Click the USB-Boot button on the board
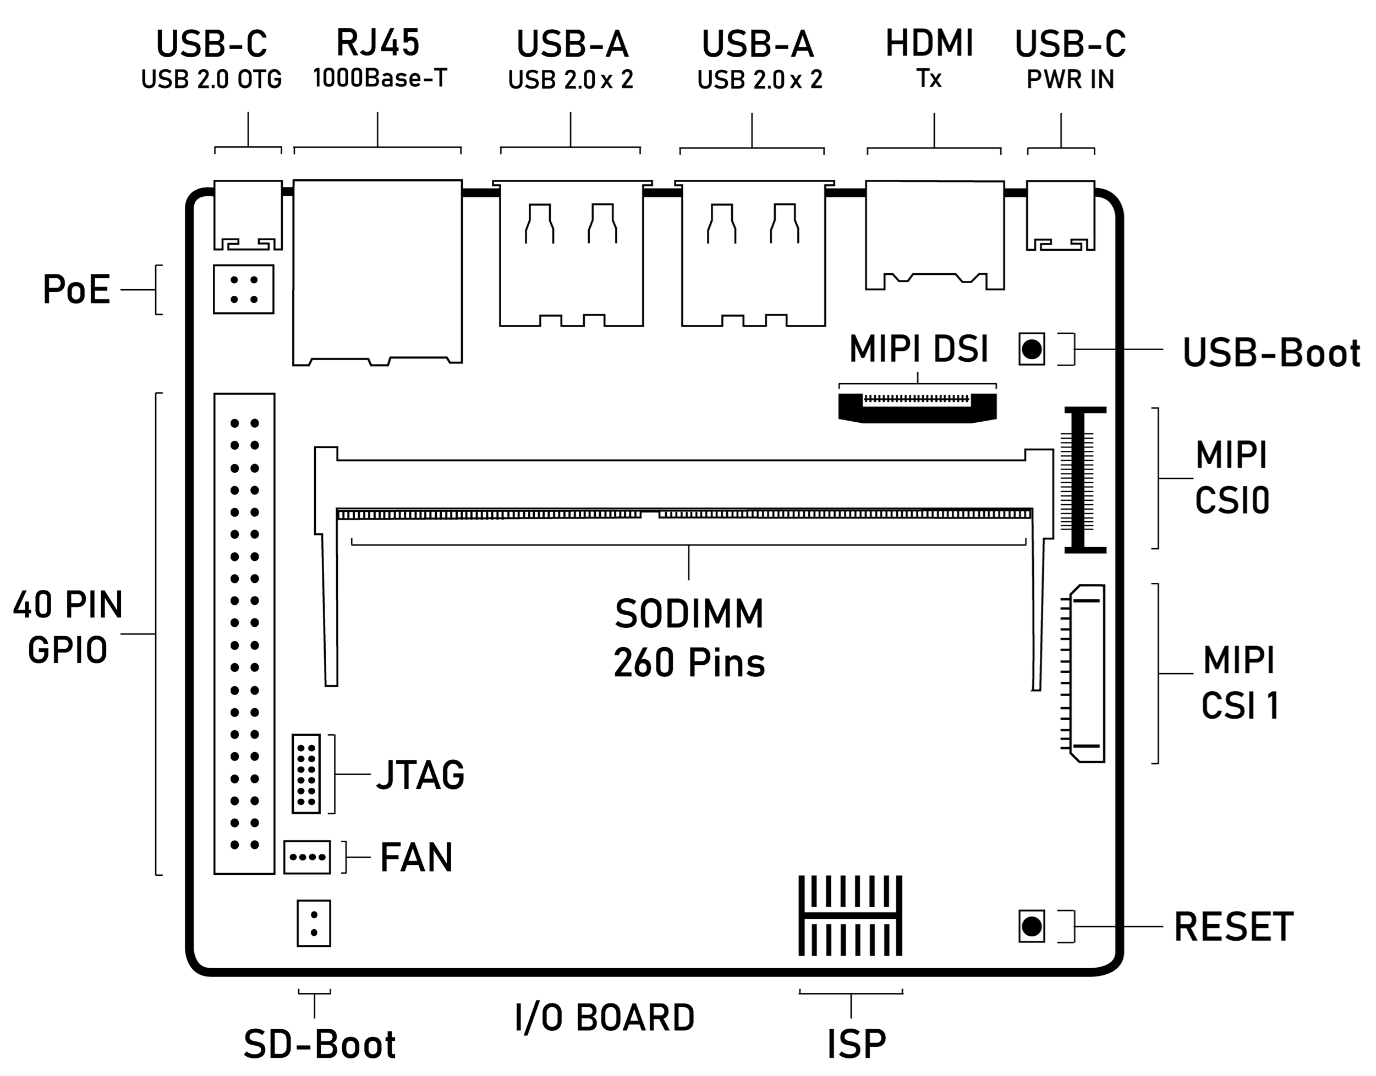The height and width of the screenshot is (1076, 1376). coord(1031,349)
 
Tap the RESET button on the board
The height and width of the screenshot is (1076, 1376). coord(1031,926)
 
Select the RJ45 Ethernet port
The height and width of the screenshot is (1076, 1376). coord(377,272)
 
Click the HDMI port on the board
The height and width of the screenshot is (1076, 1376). coord(934,234)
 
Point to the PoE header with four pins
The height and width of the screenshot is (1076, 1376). coord(243,289)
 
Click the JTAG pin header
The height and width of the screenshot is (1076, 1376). coord(306,774)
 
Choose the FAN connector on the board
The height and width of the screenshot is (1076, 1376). coord(307,857)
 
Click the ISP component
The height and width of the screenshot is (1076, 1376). coord(851,915)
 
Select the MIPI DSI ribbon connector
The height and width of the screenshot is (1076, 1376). coord(917,407)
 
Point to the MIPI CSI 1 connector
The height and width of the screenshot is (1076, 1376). coord(1086,673)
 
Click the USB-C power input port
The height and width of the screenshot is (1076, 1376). coord(1060,216)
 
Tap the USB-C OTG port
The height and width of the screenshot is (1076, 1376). coord(248,216)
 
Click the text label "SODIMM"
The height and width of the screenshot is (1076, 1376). coord(689,614)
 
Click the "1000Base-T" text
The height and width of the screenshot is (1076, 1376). coord(380,78)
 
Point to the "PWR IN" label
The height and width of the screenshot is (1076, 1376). coord(1070,79)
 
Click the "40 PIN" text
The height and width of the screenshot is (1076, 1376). coord(68,605)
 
